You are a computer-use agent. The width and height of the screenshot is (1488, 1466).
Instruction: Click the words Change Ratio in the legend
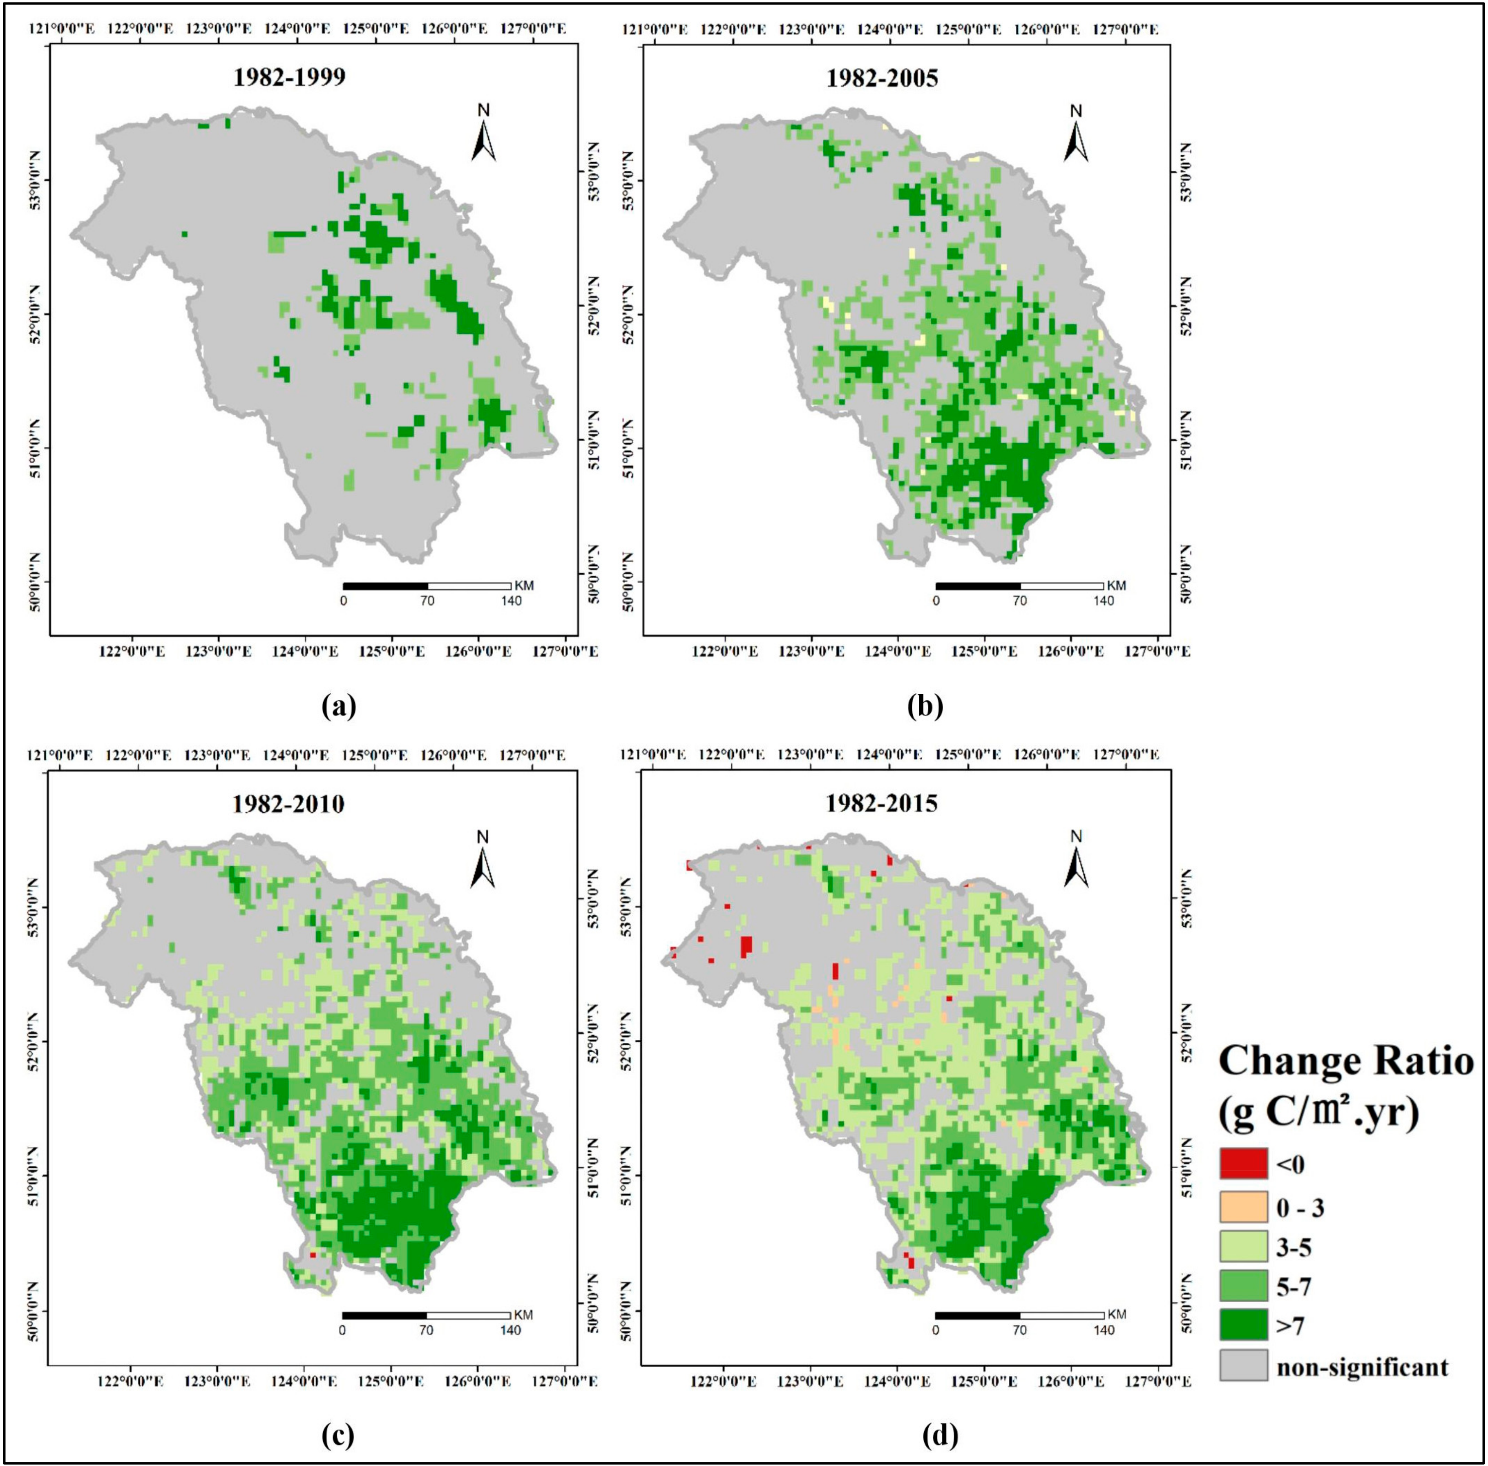click(x=1345, y=1061)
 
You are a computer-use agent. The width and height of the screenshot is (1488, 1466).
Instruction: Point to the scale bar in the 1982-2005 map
click(x=1019, y=586)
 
